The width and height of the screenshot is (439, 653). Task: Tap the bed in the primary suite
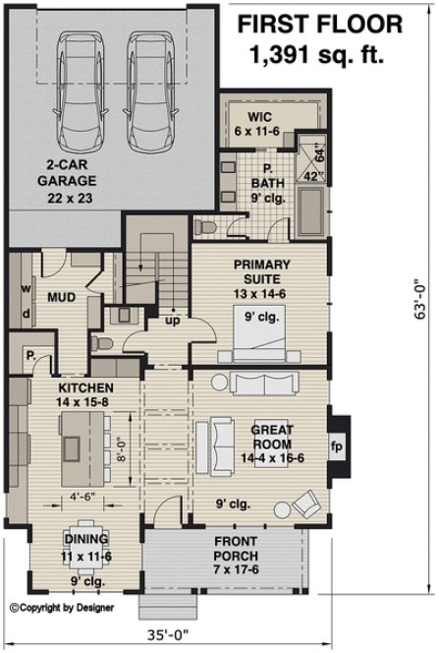point(258,329)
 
